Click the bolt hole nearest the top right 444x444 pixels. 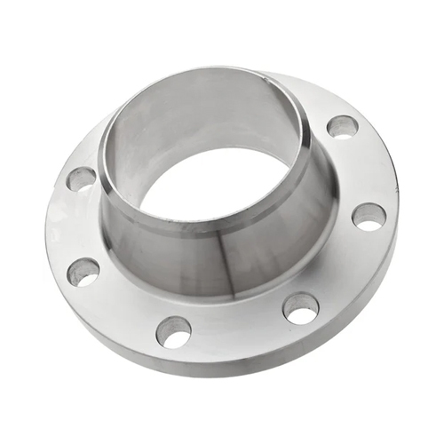coord(342,126)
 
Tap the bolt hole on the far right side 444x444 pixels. coord(369,216)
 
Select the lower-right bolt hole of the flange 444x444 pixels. coord(301,308)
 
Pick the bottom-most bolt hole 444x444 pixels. coord(173,331)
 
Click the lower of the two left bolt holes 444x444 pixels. coord(83,272)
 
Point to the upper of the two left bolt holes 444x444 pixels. coord(81,178)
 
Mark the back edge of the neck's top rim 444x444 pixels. coord(204,71)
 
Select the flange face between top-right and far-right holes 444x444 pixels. coord(364,169)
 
